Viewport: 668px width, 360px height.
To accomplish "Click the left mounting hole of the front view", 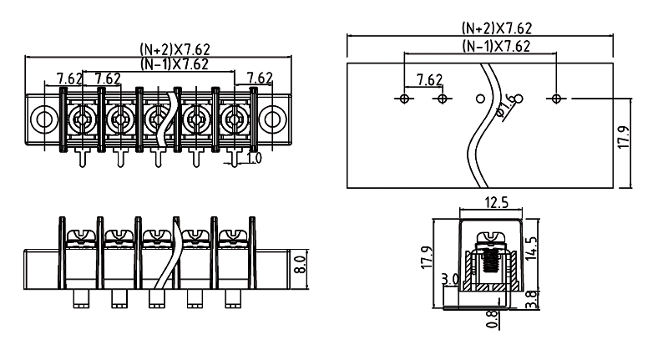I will [44, 120].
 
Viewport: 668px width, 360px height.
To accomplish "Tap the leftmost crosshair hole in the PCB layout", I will [404, 99].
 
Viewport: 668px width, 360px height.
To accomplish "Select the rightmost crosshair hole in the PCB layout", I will [557, 99].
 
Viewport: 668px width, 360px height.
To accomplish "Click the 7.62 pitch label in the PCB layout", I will [428, 79].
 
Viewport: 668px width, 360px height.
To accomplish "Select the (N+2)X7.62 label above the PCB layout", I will [496, 27].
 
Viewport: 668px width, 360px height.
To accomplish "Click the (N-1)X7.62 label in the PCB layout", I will [496, 46].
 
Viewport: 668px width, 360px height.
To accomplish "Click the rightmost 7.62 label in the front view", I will [260, 78].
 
